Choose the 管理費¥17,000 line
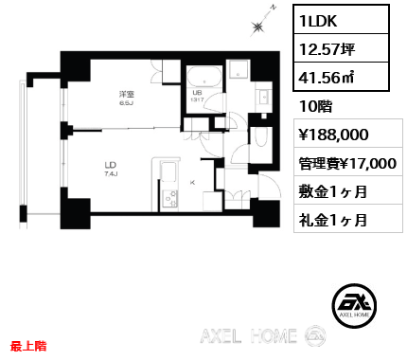click(345, 162)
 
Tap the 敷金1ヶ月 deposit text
click(332, 190)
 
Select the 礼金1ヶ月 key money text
click(332, 220)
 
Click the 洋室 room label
click(126, 95)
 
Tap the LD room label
click(110, 170)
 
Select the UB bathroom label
click(197, 93)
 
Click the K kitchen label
click(193, 181)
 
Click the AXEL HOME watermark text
click(250, 336)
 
